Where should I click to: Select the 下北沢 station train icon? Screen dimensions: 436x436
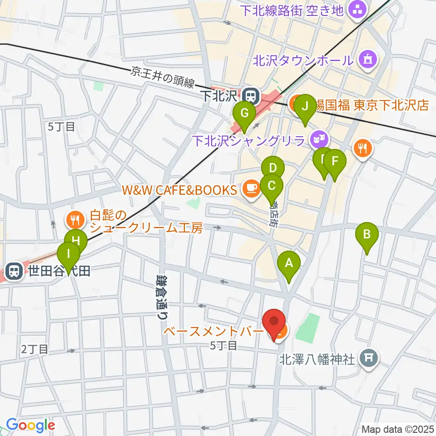pos(249,96)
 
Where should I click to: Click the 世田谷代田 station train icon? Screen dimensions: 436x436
pos(15,272)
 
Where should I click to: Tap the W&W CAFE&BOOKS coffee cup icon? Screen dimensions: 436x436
pos(251,190)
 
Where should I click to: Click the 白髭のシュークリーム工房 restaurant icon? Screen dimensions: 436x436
pos(74,220)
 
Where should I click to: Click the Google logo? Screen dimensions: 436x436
pos(30,425)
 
